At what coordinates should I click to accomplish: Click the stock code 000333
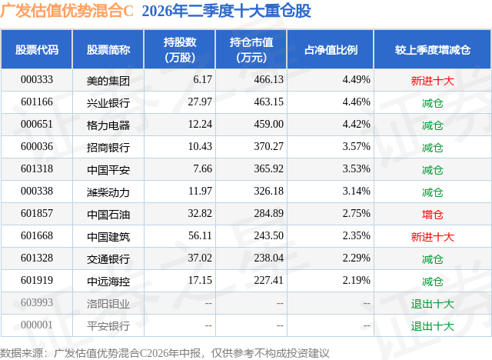point(37,80)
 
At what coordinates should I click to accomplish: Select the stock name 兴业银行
point(108,103)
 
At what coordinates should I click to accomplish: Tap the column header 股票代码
point(37,49)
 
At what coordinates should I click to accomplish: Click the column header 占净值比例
point(331,49)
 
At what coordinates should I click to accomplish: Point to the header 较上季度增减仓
point(433,49)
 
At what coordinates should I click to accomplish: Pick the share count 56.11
point(200,235)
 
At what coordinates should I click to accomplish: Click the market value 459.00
point(269,125)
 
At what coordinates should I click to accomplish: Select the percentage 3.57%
point(357,147)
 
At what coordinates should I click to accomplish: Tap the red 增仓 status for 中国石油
point(433,215)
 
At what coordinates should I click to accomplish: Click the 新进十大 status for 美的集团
point(433,81)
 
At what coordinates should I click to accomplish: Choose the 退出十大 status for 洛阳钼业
point(433,304)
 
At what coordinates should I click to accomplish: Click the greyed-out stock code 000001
point(37,325)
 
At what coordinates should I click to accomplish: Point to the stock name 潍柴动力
point(108,192)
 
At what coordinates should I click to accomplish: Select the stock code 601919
point(37,280)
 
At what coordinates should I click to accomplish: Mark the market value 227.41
point(269,280)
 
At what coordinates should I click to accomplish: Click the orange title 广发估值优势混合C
point(67,11)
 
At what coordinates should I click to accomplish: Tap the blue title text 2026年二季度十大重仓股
point(226,11)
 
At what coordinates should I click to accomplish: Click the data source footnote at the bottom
point(165,353)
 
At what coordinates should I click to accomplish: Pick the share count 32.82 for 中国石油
point(200,213)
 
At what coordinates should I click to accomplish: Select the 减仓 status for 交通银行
point(433,259)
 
